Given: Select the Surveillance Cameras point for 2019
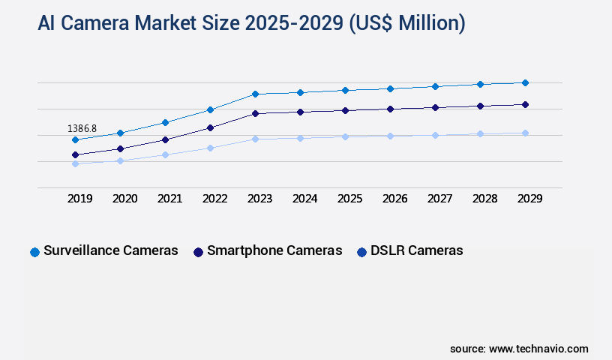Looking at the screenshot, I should (x=75, y=139).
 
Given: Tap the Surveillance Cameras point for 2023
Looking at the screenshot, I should (x=255, y=94).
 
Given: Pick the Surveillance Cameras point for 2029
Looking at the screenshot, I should (x=525, y=82).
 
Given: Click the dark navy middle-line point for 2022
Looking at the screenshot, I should (x=210, y=127).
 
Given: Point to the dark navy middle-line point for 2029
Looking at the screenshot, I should (x=525, y=104).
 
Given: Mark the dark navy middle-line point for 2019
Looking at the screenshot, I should (x=75, y=154).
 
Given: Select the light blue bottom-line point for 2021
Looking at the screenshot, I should (x=165, y=154).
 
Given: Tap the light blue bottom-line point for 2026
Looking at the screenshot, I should (x=390, y=136).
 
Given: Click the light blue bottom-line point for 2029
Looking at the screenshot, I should (x=525, y=133).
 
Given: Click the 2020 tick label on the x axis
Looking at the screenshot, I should (x=124, y=199).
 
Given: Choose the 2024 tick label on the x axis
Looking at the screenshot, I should (x=304, y=199).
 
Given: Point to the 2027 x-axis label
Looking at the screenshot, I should (x=439, y=199).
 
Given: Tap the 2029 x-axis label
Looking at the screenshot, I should (x=529, y=199).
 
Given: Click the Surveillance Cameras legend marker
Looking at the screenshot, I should (x=34, y=252).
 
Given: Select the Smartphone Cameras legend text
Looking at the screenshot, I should (x=274, y=250).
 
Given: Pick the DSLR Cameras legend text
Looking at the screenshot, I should (x=417, y=250).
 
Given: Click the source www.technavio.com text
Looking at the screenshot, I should (x=519, y=349).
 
